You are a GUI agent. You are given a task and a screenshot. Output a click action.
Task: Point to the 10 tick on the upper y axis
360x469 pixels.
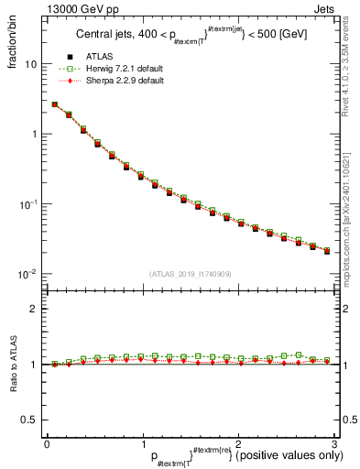32,65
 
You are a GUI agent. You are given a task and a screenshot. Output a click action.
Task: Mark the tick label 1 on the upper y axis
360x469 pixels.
36,135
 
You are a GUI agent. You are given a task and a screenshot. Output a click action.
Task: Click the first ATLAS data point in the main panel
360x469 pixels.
55,105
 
